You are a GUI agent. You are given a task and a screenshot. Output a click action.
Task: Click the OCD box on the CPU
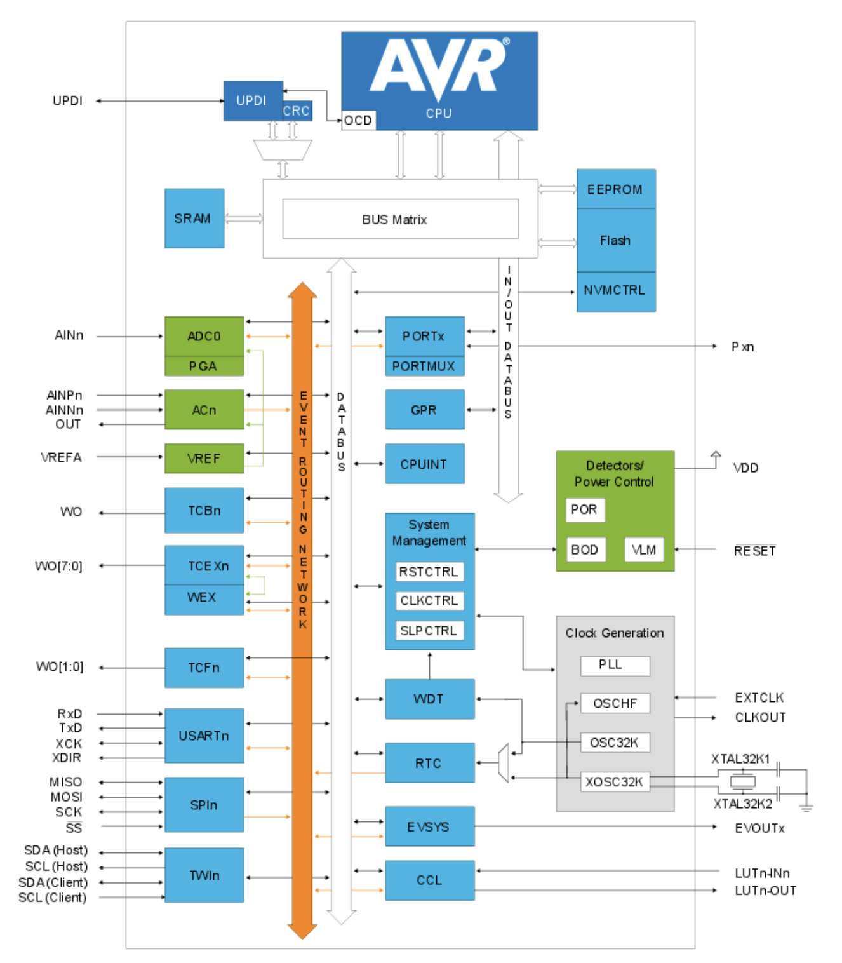pos(358,121)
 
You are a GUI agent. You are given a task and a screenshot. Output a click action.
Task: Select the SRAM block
pos(194,219)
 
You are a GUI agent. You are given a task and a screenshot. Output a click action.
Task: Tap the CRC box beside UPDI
pos(297,111)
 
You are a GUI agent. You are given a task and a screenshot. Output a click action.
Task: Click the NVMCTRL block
pos(615,291)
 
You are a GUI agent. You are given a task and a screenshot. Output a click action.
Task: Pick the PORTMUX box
pos(424,367)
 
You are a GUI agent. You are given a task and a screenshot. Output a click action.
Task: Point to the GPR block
pos(424,410)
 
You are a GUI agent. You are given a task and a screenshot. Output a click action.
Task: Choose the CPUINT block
pos(424,464)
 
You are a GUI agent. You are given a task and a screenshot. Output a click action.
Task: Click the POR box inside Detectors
pos(584,509)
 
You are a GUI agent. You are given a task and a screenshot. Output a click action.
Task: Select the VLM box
pos(644,550)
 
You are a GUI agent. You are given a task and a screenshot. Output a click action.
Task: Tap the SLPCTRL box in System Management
pos(429,631)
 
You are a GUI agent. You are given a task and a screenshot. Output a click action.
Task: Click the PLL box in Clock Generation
pos(614,665)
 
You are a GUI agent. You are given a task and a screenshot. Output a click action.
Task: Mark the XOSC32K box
pos(614,782)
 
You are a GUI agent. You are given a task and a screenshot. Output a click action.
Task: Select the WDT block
pos(429,699)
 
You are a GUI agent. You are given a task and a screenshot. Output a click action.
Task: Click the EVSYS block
pos(429,827)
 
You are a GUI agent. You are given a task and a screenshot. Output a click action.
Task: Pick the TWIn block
pos(204,876)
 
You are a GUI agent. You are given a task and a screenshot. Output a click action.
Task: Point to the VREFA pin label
pos(61,457)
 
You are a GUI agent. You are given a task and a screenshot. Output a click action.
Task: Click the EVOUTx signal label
pos(759,828)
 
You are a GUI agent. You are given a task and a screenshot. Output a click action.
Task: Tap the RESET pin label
pos(754,551)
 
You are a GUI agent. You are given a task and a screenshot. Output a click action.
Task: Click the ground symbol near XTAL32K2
pos(806,808)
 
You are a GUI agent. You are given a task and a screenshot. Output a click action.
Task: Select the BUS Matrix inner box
pos(400,220)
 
